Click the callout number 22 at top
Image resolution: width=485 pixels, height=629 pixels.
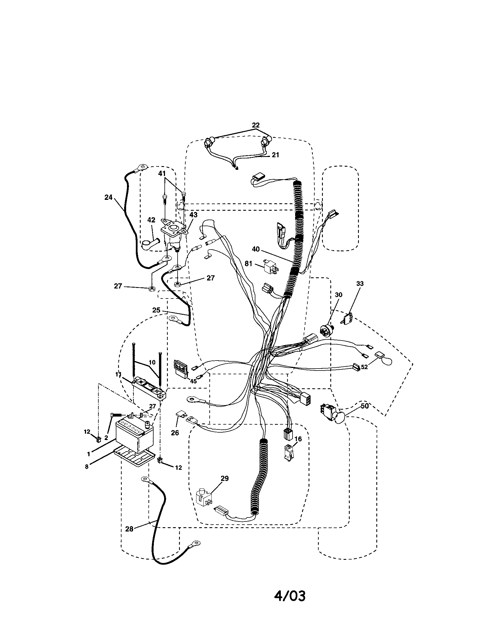tap(255, 125)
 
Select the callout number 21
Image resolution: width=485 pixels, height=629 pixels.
tap(275, 155)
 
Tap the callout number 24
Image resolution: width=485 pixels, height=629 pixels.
tap(108, 198)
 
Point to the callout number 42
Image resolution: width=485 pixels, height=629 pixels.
tap(151, 220)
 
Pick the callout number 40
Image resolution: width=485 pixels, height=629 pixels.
tap(255, 249)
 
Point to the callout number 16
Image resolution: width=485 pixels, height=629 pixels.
tap(298, 439)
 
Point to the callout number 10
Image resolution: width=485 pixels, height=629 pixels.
tap(152, 362)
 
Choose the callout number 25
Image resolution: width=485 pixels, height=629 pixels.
tap(156, 310)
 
